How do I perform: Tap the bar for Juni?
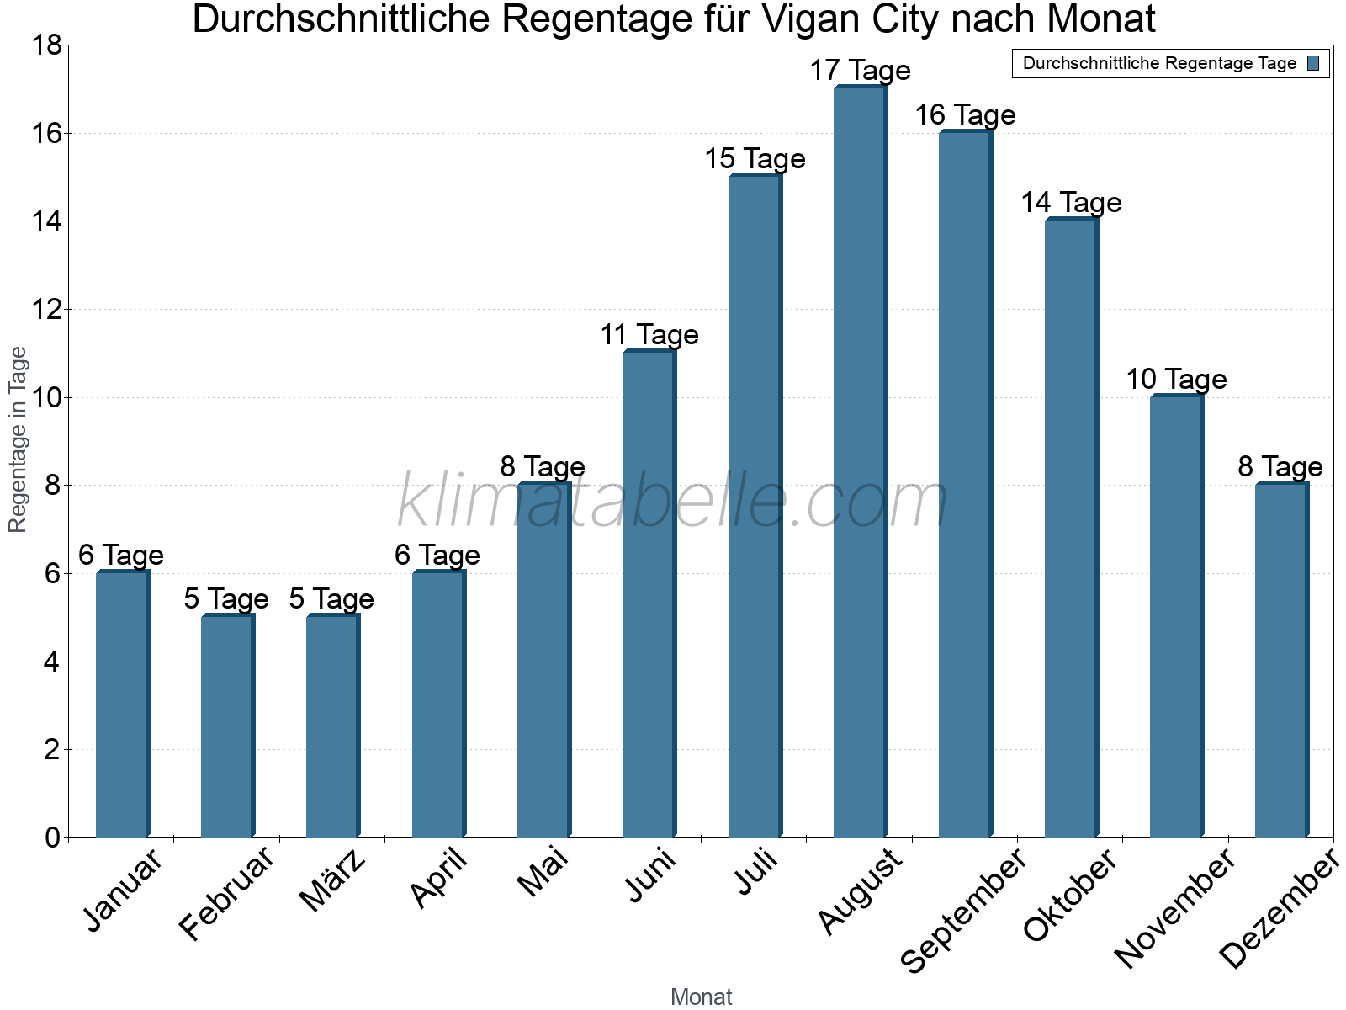(649, 593)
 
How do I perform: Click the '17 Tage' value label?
(860, 71)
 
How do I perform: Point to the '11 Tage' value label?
(649, 335)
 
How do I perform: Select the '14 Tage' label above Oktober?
(1071, 203)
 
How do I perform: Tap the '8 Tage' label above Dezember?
(1280, 467)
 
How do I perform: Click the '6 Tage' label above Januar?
(121, 555)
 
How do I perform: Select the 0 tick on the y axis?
(52, 837)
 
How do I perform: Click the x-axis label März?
(334, 880)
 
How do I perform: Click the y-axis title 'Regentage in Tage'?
(19, 439)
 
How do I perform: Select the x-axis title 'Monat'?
(701, 997)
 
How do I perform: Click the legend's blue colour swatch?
(1313, 63)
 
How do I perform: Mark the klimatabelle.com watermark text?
(673, 502)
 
